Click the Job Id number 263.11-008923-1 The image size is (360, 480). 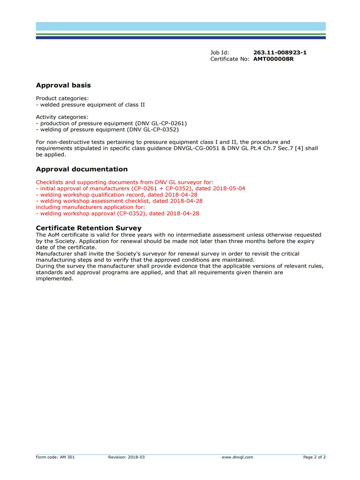[x=280, y=52]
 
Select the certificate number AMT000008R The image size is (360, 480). [x=273, y=59]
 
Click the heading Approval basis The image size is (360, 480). [x=63, y=85]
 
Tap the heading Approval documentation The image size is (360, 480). [x=82, y=169]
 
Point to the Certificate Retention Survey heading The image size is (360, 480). [x=89, y=228]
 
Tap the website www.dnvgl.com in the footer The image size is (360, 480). [x=237, y=457]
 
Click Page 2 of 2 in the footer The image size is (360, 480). [x=314, y=457]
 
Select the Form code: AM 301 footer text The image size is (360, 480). [x=55, y=457]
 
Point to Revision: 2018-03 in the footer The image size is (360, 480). [x=126, y=457]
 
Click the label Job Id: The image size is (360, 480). [x=219, y=52]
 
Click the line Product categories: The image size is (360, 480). [x=62, y=98]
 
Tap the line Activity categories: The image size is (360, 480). [x=62, y=117]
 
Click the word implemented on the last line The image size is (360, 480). [x=54, y=278]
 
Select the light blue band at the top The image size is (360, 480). [x=180, y=26]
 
